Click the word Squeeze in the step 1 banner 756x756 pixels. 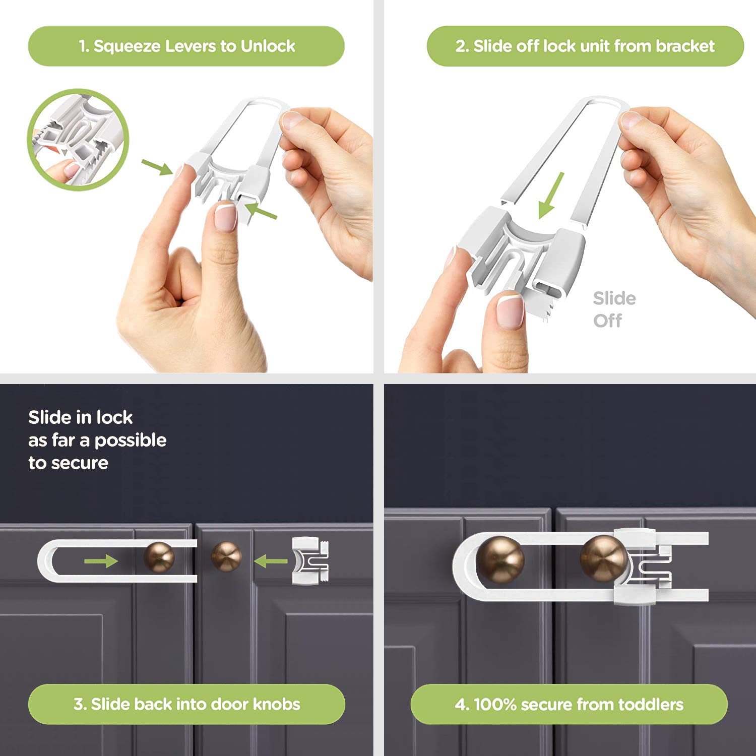click(127, 47)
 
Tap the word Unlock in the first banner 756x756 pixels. click(268, 46)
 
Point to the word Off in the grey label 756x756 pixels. click(607, 321)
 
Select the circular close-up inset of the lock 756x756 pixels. click(78, 140)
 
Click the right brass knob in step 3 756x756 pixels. click(226, 556)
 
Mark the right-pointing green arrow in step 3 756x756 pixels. click(101, 561)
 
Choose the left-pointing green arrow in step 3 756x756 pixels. click(271, 560)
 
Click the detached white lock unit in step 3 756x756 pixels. click(310, 561)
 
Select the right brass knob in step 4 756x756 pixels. click(604, 559)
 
